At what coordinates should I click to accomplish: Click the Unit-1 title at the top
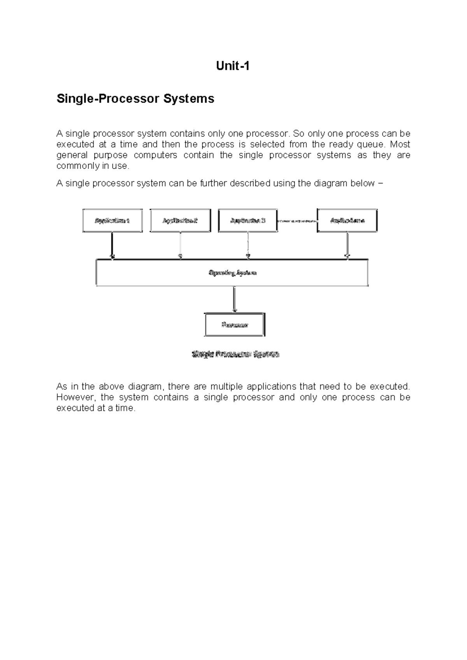pos(233,66)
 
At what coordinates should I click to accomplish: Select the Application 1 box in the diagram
pos(112,221)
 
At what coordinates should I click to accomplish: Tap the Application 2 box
pos(180,221)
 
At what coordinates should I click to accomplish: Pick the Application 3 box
pos(248,221)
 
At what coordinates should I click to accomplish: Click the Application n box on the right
pos(347,221)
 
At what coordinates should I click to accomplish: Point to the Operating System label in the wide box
pos(233,273)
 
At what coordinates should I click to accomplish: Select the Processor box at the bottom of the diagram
pos(235,325)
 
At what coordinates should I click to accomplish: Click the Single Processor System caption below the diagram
pos(235,354)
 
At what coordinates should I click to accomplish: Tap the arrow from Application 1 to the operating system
pos(112,245)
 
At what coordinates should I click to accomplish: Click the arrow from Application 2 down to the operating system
pos(180,245)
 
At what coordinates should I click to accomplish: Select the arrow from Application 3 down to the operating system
pos(248,245)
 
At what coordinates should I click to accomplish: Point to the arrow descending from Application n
pos(347,245)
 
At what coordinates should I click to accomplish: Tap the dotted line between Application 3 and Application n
pos(297,221)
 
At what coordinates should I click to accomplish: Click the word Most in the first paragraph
pos(400,144)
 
